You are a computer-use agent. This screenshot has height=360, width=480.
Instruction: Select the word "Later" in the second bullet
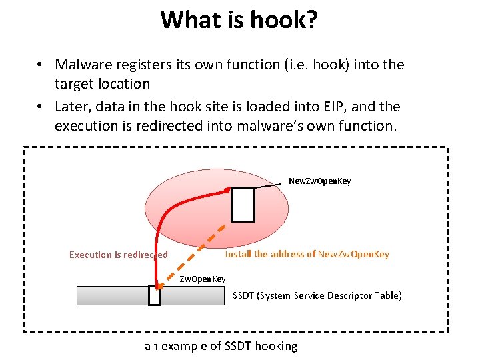pyautogui.click(x=70, y=107)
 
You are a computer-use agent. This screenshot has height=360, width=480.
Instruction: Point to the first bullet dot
pyautogui.click(x=41, y=65)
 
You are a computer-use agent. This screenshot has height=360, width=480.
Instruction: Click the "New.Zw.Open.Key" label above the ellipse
pyautogui.click(x=319, y=181)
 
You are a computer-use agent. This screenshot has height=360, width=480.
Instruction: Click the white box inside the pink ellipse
pyautogui.click(x=243, y=205)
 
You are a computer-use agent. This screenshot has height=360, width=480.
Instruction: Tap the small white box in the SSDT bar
pyautogui.click(x=155, y=295)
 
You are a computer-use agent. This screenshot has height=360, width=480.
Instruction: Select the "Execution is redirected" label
pyautogui.click(x=118, y=255)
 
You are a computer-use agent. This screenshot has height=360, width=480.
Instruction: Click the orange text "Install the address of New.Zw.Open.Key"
pyautogui.click(x=307, y=254)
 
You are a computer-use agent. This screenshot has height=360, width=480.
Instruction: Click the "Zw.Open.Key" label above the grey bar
pyautogui.click(x=203, y=279)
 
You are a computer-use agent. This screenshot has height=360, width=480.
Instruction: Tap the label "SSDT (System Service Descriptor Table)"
pyautogui.click(x=317, y=295)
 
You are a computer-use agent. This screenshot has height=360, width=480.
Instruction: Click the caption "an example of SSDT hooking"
pyautogui.click(x=221, y=345)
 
